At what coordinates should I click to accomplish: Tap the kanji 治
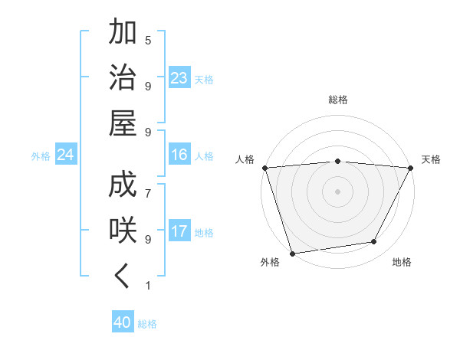[x=123, y=77]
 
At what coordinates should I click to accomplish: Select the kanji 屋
[x=123, y=123]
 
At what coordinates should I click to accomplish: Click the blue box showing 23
[x=179, y=78]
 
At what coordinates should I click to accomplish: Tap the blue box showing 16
[x=179, y=155]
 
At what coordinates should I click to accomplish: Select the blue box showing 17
[x=179, y=231]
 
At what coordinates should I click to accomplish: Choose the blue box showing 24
[x=66, y=155]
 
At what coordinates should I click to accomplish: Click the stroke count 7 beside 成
[x=148, y=185]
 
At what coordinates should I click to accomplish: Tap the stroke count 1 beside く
[x=148, y=286]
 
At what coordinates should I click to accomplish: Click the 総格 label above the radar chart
[x=337, y=100]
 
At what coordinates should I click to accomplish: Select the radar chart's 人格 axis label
[x=245, y=159]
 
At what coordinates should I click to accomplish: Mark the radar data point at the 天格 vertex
[x=411, y=167]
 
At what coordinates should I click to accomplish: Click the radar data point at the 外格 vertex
[x=292, y=253]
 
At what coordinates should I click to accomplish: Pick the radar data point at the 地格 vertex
[x=374, y=242]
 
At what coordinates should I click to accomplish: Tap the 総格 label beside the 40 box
[x=147, y=324]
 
